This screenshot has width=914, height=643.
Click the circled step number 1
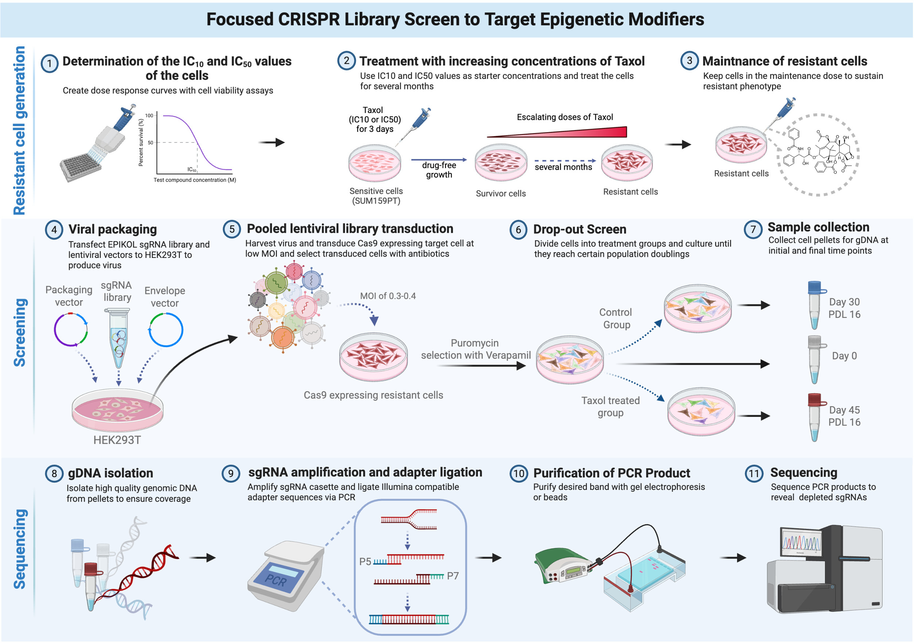pos(49,63)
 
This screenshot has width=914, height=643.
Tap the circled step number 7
pos(753,229)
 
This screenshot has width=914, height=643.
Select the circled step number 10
pos(518,473)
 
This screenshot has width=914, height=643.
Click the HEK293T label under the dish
pos(117,440)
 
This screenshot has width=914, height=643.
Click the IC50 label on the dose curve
pos(192,169)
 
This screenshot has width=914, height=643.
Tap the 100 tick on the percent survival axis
pos(149,115)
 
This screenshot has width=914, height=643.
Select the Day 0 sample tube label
pos(844,356)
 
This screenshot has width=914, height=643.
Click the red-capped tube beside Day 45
pos(815,417)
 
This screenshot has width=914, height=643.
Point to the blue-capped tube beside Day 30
pos(815,305)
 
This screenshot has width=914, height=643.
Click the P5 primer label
pos(365,562)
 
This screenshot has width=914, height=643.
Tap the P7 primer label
pos(453,576)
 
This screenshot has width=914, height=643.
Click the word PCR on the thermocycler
pos(276,580)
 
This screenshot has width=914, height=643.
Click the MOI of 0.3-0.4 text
pos(388,296)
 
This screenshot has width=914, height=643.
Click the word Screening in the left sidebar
pos(20,333)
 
